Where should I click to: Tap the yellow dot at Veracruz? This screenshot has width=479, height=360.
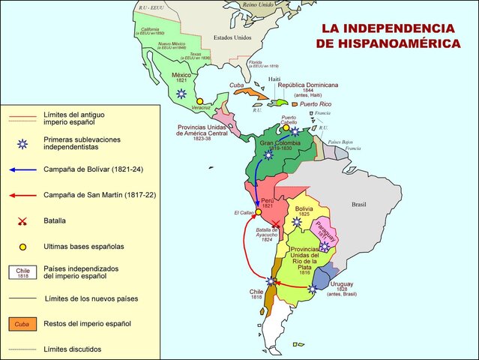coord(199,100)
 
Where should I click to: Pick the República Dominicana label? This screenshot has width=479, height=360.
coord(310,85)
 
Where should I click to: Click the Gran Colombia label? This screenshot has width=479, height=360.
coord(280,142)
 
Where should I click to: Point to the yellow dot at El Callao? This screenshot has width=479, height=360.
coord(258,212)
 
